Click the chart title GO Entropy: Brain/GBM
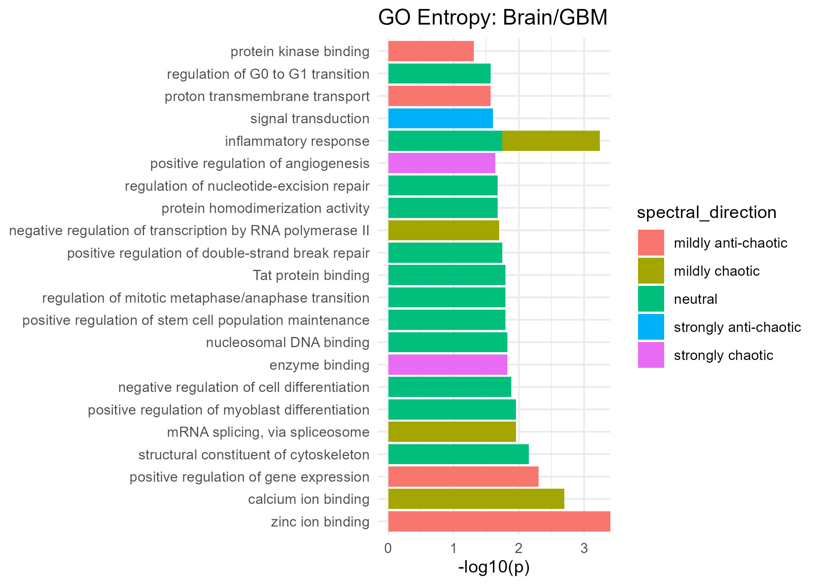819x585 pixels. click(x=493, y=18)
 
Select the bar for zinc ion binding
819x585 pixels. click(x=499, y=521)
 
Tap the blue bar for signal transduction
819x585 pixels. click(x=440, y=119)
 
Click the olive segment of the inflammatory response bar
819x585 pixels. click(x=550, y=141)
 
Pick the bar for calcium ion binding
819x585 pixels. click(x=476, y=499)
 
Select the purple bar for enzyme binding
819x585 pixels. click(x=447, y=365)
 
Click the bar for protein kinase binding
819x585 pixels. click(x=431, y=51)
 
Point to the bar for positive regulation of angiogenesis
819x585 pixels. click(x=441, y=163)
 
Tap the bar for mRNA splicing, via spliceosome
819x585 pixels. click(x=452, y=432)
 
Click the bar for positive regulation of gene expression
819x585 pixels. click(x=463, y=477)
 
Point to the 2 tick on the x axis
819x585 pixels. click(x=519, y=549)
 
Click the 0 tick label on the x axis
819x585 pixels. click(x=388, y=549)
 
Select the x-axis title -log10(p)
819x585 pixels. click(x=494, y=567)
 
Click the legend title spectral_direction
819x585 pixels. click(x=706, y=213)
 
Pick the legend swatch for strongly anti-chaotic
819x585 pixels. click(x=651, y=327)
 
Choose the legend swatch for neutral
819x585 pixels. click(x=651, y=299)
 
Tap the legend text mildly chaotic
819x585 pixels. click(x=716, y=271)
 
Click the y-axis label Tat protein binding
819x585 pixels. click(x=311, y=275)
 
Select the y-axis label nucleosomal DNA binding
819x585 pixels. click(x=287, y=342)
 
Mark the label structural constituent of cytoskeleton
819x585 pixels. click(x=254, y=455)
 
